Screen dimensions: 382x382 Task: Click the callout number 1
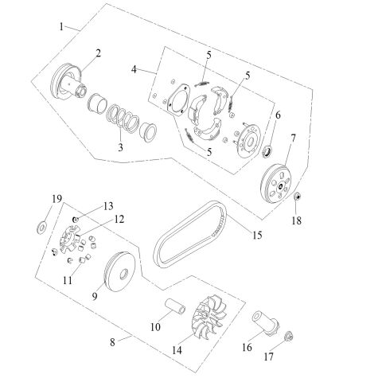[x=61, y=26]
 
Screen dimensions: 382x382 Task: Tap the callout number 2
[x=99, y=53]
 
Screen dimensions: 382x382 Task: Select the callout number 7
[x=293, y=138]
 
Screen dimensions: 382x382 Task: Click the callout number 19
[x=35, y=197]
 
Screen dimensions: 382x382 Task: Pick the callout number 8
[x=113, y=341]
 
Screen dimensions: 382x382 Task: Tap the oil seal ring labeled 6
[x=268, y=150]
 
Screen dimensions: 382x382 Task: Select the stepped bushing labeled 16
[x=259, y=325]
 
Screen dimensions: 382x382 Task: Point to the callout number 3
[x=121, y=147]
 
